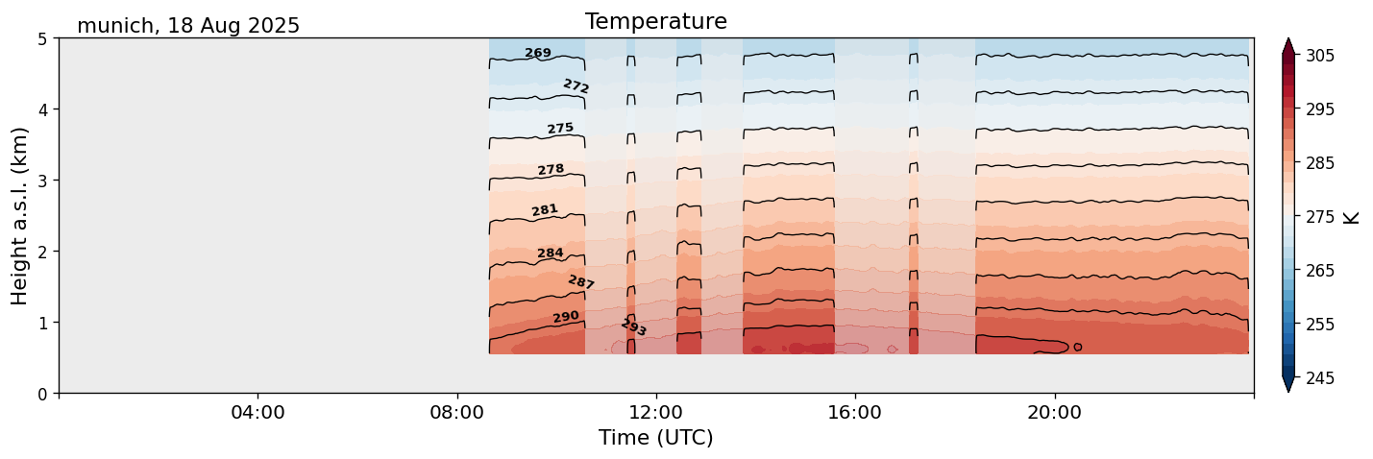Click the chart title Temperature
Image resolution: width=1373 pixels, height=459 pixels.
[655, 21]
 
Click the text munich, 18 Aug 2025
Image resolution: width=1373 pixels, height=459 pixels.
[188, 26]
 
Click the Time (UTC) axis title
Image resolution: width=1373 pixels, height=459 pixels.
[655, 438]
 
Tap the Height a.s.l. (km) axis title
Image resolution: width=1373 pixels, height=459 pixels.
[20, 216]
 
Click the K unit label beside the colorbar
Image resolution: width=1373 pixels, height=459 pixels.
[1352, 217]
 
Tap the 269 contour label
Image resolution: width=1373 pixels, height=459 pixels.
[538, 53]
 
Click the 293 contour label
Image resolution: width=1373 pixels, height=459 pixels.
[634, 327]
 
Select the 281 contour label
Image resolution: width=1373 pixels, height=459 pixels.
[545, 210]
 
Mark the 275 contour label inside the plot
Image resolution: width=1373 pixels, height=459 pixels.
[560, 129]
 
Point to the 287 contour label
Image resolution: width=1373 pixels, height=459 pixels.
[581, 282]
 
